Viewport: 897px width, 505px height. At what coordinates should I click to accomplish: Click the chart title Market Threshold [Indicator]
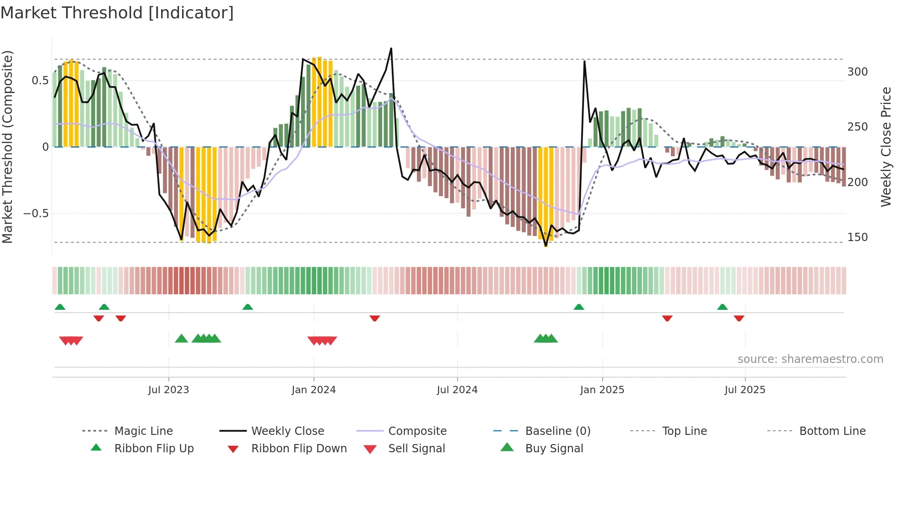117,13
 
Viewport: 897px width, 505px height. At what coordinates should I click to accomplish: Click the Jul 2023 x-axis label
168,390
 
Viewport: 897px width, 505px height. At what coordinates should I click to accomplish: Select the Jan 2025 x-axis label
602,390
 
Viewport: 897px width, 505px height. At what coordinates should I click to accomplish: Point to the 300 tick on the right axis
857,72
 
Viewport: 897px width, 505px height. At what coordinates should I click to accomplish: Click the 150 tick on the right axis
857,237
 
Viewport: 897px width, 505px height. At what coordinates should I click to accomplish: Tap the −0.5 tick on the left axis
36,214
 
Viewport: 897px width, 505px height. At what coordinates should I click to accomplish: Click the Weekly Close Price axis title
886,147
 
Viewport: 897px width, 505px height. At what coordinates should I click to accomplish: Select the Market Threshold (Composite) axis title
7,147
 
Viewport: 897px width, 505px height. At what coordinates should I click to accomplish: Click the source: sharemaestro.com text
810,359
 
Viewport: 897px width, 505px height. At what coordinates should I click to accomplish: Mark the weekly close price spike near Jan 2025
584,61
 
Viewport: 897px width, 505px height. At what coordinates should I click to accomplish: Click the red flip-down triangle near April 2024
374,318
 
